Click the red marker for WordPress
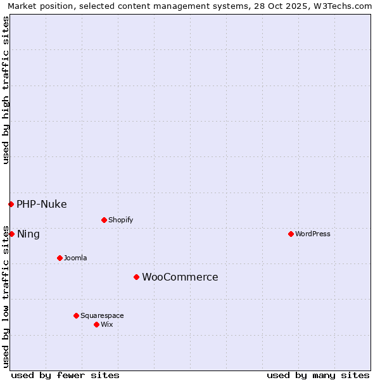click(291, 234)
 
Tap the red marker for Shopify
click(104, 220)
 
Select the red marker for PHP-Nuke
click(11, 204)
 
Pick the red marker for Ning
click(11, 234)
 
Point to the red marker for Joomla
click(60, 258)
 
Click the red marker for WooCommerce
click(136, 277)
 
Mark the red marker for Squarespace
click(76, 315)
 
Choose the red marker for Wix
click(96, 324)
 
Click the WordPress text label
click(313, 234)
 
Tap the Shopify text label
click(120, 220)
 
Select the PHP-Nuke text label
click(41, 204)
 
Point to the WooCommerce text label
click(180, 277)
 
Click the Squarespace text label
click(102, 315)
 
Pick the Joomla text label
click(75, 258)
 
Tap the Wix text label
click(106, 324)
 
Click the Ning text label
click(28, 234)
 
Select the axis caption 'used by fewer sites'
click(65, 375)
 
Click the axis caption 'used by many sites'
click(318, 375)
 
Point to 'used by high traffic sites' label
click(6, 90)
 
